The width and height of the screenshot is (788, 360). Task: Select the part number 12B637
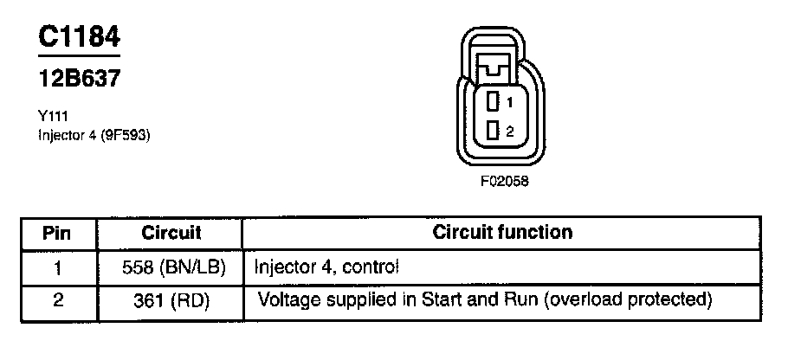coord(79,79)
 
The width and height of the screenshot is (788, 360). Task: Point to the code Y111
coord(52,114)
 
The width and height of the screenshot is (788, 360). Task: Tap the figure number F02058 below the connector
coord(504,183)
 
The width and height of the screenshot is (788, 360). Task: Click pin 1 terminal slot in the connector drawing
coord(493,102)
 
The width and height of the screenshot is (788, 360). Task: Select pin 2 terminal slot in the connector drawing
coord(493,131)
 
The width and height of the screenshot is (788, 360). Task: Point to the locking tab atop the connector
coord(498,63)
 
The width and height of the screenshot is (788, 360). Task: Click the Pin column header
coord(56,233)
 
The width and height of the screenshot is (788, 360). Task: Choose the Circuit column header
coord(171,233)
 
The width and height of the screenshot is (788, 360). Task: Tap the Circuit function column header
coord(502,233)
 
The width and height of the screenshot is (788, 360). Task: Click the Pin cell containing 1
coord(57,267)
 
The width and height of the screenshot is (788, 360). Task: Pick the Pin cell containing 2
coord(57,301)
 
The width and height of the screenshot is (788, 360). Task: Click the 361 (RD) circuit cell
coord(171,301)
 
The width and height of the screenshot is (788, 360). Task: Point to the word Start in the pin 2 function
coord(437,301)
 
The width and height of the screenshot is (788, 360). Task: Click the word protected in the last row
coord(670,301)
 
